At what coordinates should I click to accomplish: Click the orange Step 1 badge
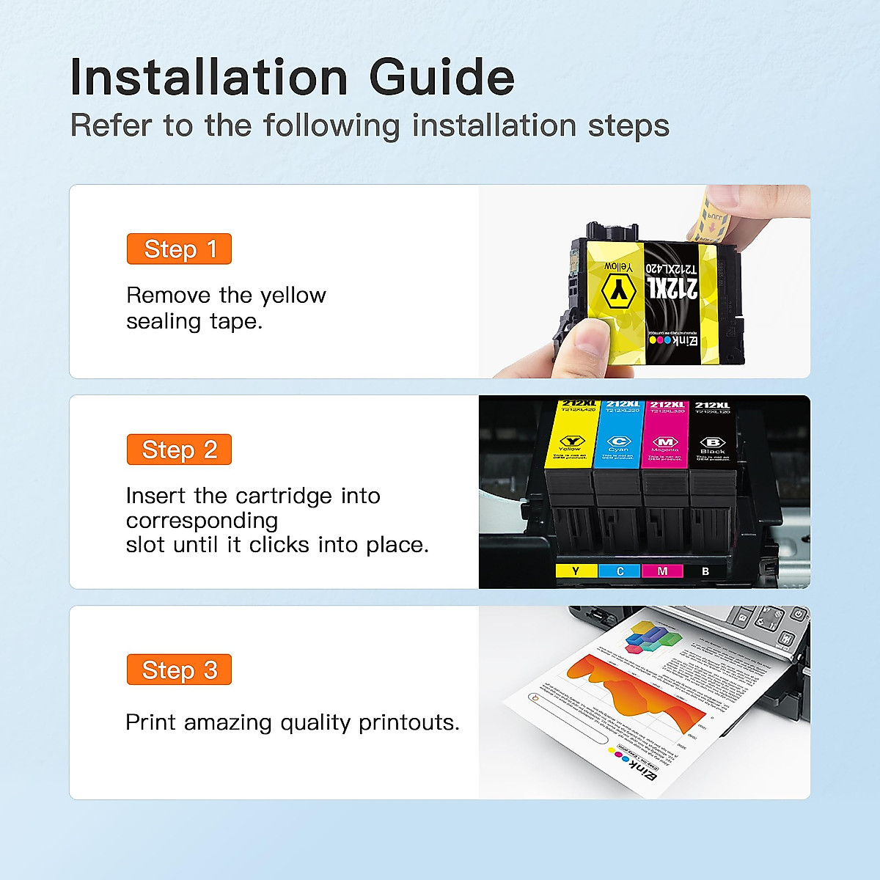[179, 249]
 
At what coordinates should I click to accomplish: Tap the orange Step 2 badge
[179, 450]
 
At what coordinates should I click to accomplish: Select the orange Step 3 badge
[179, 670]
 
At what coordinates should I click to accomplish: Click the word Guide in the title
[441, 78]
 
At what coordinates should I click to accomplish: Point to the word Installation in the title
[209, 78]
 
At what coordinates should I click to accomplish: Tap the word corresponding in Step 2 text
[202, 521]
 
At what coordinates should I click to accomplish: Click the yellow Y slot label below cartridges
[576, 571]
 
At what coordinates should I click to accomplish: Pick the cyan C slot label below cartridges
[620, 571]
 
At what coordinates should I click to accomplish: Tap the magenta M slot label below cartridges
[662, 571]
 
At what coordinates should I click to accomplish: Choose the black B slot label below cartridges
[705, 571]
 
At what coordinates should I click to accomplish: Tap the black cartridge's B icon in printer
[712, 442]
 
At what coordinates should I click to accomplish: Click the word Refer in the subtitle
[110, 125]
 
